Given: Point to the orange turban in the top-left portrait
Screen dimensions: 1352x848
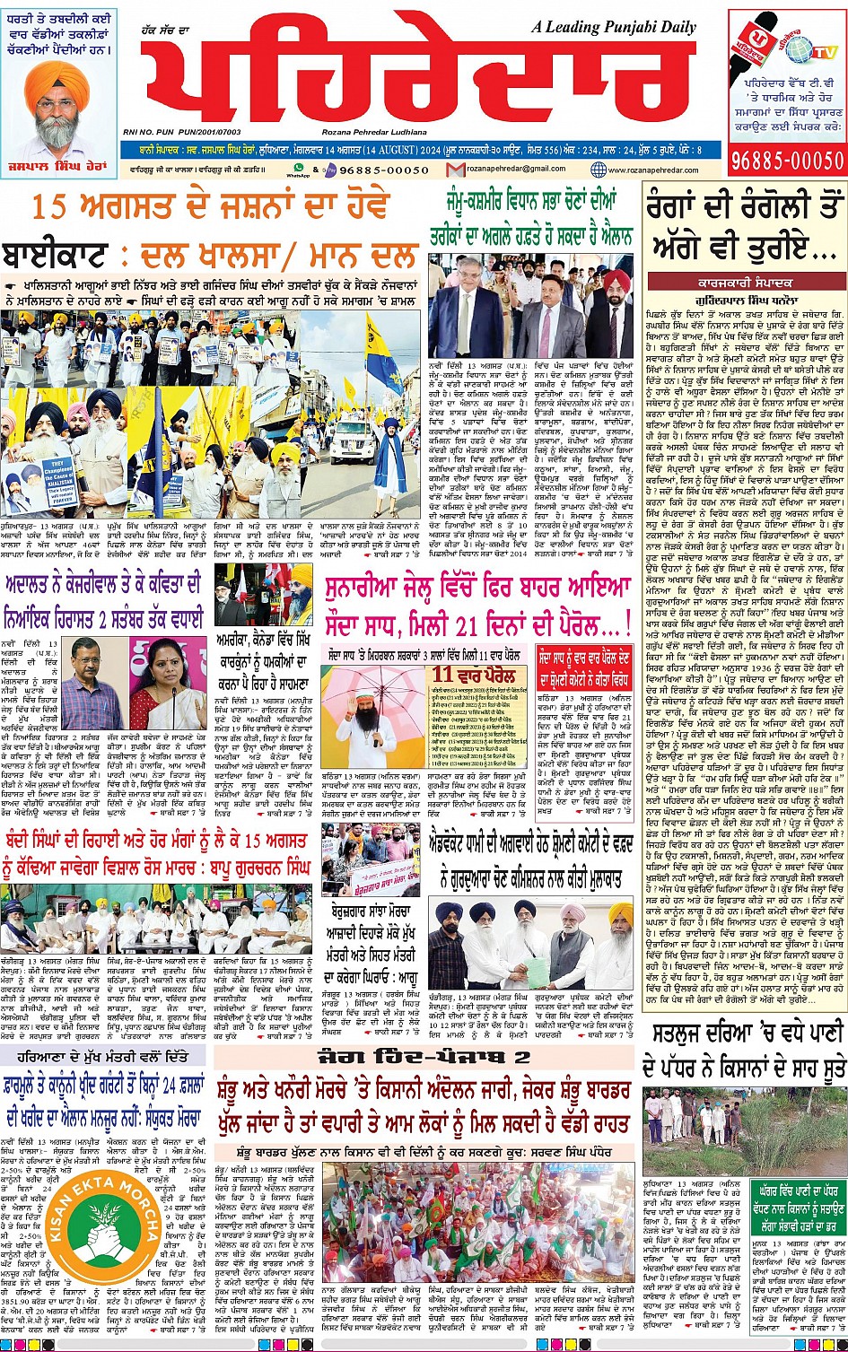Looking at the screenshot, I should coord(57,79).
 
